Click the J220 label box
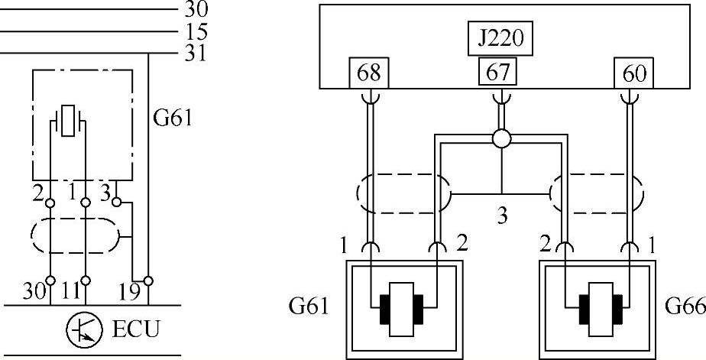tap(500, 39)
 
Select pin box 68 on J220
tap(368, 74)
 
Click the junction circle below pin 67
tap(501, 139)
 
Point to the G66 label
tap(683, 307)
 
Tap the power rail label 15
tap(196, 33)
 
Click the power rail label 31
tap(196, 54)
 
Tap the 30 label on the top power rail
tap(196, 11)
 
